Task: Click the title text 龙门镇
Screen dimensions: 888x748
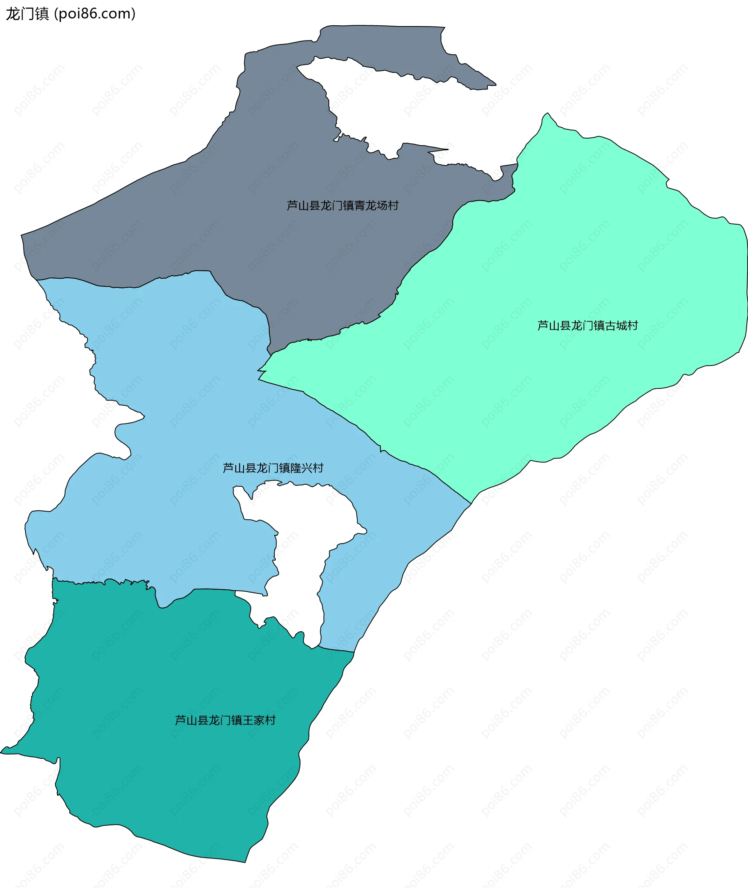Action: [x=27, y=14]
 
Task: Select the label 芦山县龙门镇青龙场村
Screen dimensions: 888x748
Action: [x=342, y=206]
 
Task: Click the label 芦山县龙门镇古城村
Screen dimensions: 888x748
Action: [x=587, y=325]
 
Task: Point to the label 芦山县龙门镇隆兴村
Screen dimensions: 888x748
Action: [x=273, y=468]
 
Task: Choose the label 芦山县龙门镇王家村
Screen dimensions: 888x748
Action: [x=225, y=720]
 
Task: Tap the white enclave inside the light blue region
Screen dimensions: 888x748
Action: [x=305, y=551]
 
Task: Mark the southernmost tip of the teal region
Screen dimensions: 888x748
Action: [x=245, y=861]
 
